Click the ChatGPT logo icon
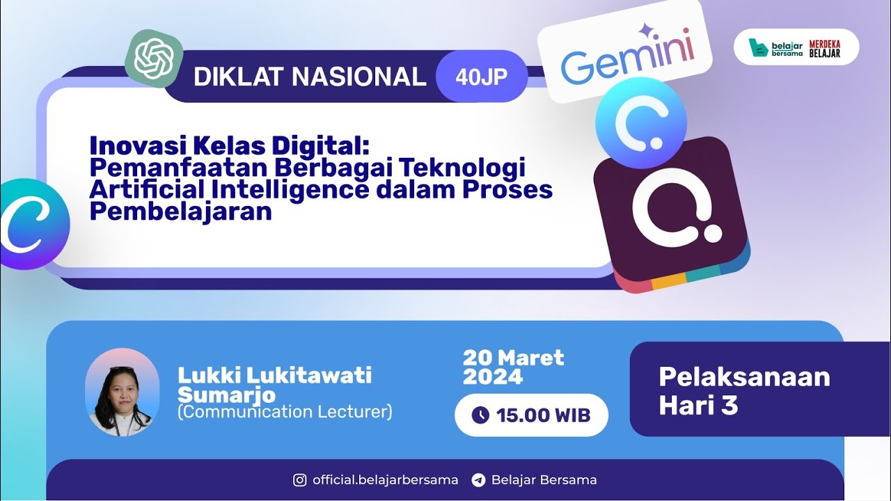click(154, 58)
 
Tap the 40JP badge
click(481, 77)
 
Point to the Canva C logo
click(31, 224)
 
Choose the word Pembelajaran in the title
click(180, 211)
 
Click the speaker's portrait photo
click(122, 392)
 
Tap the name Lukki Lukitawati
click(274, 376)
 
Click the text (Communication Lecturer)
click(285, 412)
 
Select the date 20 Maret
click(513, 358)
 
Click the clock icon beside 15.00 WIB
click(480, 415)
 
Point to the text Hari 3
click(698, 406)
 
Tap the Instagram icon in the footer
click(300, 480)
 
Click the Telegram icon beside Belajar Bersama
click(478, 480)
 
